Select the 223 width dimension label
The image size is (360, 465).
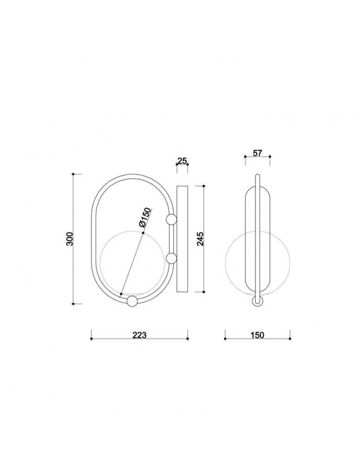(140, 335)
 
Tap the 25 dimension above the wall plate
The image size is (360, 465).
(182, 161)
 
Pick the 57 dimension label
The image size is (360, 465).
(257, 153)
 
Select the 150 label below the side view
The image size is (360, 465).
(257, 335)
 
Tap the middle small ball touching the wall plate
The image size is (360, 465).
(171, 259)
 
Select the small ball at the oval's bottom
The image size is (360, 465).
(132, 301)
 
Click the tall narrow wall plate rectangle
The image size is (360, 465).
(182, 239)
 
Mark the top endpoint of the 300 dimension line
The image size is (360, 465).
(73, 174)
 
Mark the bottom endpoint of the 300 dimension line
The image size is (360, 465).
(73, 304)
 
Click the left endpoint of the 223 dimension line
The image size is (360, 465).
(91, 339)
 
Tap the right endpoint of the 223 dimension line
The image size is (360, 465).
(187, 339)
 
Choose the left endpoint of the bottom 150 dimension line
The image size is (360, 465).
(225, 339)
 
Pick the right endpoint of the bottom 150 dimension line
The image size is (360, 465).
(290, 339)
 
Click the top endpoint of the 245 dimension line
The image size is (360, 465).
(204, 186)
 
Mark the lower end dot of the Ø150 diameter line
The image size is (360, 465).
(121, 294)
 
